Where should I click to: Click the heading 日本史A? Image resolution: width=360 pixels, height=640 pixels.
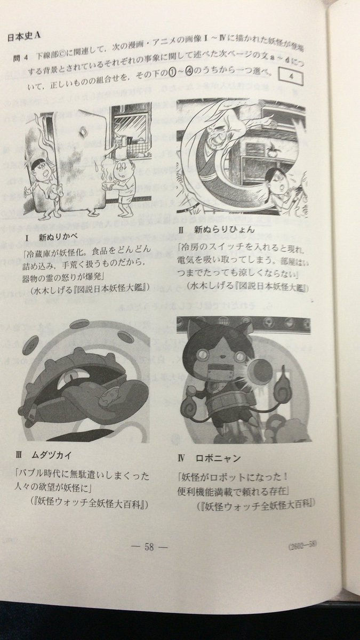25,38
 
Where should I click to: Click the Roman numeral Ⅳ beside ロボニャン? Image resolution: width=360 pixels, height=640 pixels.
182,458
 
